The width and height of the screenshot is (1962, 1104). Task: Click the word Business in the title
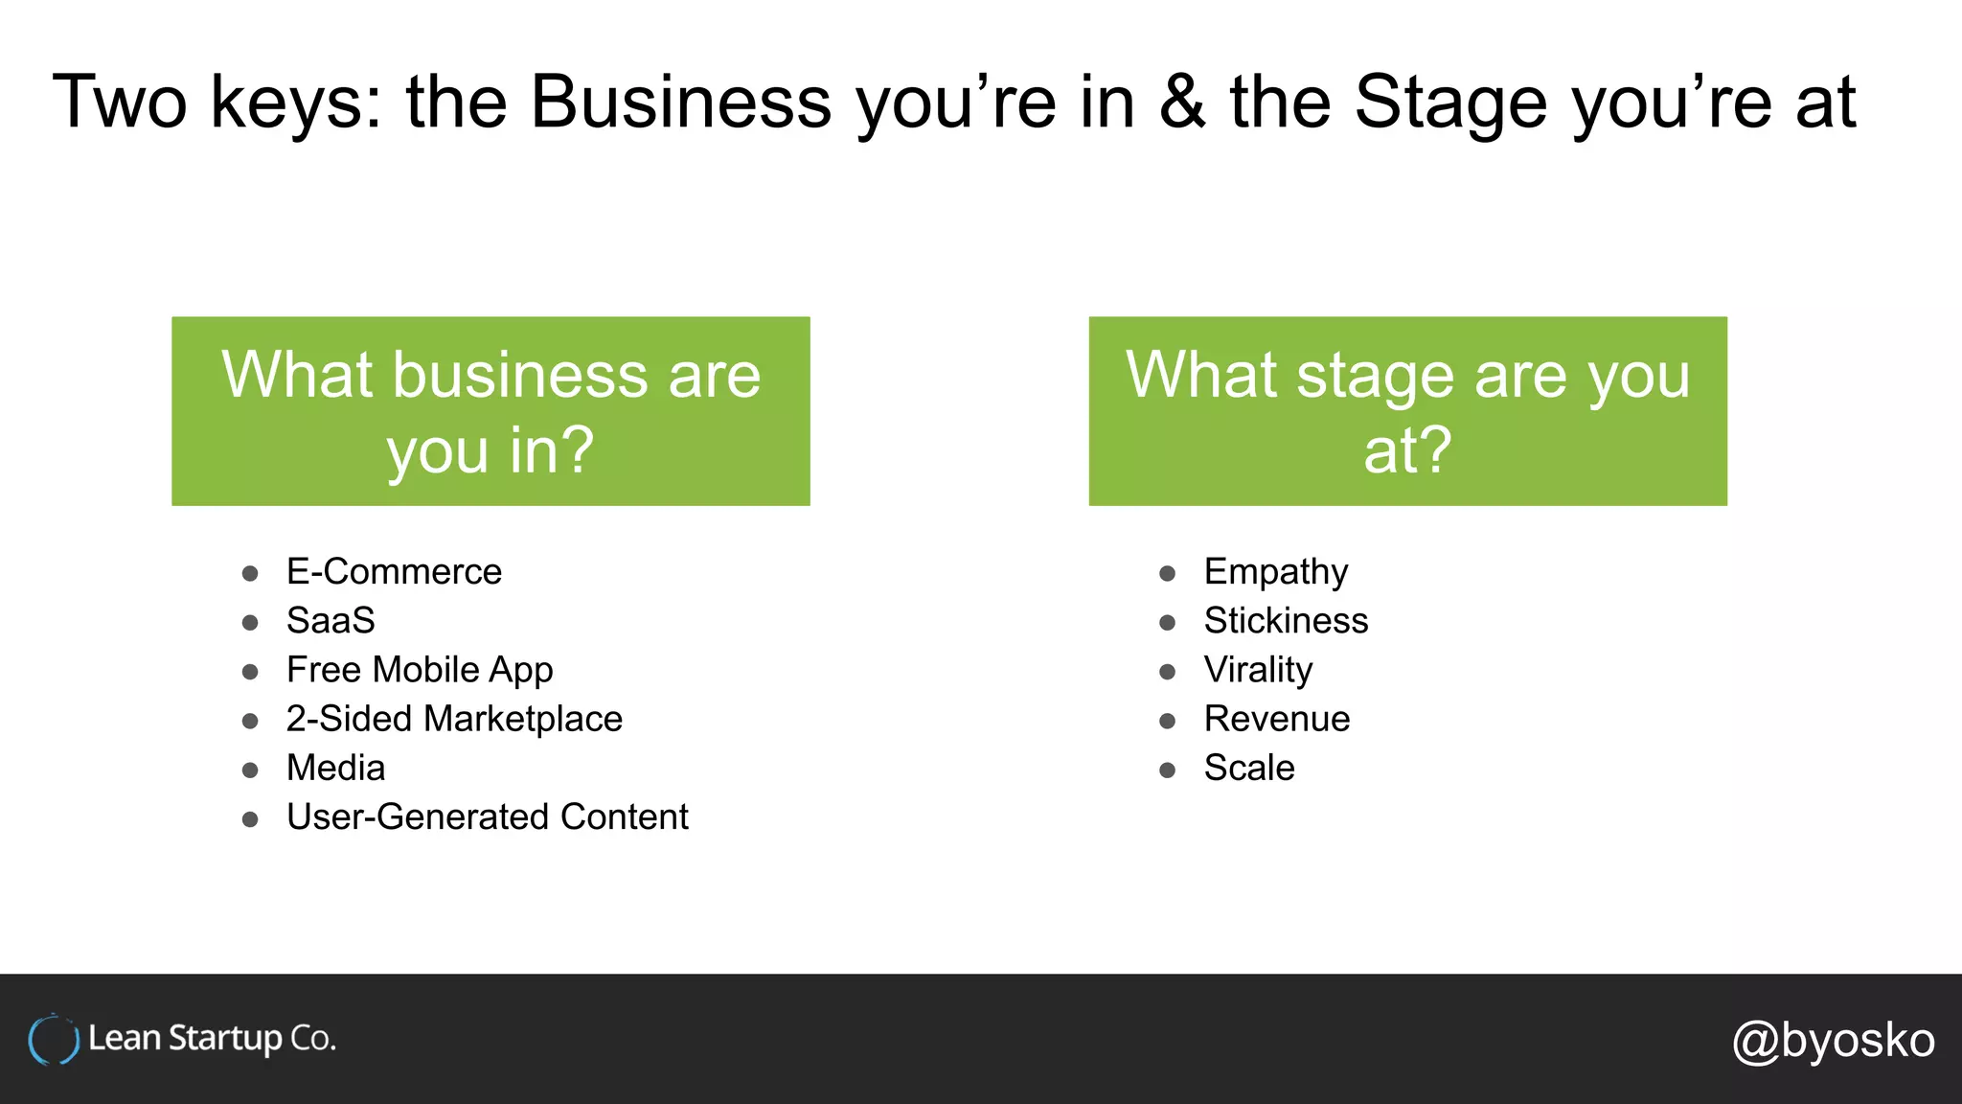point(680,102)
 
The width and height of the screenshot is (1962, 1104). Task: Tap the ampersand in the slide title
point(1182,102)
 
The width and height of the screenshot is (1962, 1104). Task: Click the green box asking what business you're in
point(490,411)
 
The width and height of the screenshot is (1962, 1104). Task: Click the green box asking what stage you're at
point(1407,411)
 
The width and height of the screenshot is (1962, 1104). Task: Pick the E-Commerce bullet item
point(394,572)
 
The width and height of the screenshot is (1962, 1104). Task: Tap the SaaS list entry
point(331,621)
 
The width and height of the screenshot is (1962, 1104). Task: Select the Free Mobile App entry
point(420,670)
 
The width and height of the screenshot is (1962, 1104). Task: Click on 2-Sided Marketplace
point(454,719)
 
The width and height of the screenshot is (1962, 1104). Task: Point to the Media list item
point(335,768)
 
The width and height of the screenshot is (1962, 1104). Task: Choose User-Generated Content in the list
point(487,817)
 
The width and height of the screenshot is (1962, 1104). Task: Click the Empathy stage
point(1275,572)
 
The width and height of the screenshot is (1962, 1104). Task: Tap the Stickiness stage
point(1286,621)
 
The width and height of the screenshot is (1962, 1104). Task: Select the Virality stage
point(1258,670)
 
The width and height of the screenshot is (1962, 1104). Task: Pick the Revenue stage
point(1276,719)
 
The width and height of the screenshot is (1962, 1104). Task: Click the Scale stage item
point(1249,768)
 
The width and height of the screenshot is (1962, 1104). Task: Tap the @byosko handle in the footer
point(1833,1040)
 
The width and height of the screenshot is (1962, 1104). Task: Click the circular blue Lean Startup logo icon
point(53,1040)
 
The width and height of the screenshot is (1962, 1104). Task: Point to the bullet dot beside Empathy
point(1167,574)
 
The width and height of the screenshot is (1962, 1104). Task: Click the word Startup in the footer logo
point(225,1039)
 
